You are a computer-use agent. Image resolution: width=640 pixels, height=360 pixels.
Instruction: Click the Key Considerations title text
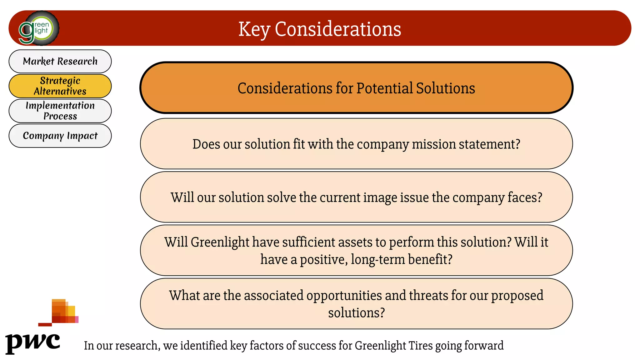click(x=319, y=29)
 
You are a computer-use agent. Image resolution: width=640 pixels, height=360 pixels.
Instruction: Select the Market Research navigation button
click(x=60, y=61)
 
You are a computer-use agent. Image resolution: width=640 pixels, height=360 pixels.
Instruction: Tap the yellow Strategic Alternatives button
click(x=60, y=86)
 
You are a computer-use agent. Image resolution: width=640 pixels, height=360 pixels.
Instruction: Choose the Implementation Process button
click(x=60, y=111)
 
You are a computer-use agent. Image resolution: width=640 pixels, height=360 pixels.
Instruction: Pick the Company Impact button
click(x=60, y=136)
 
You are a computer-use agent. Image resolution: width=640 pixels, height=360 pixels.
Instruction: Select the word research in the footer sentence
click(x=140, y=346)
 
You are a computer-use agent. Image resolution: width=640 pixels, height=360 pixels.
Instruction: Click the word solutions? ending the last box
click(x=356, y=313)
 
